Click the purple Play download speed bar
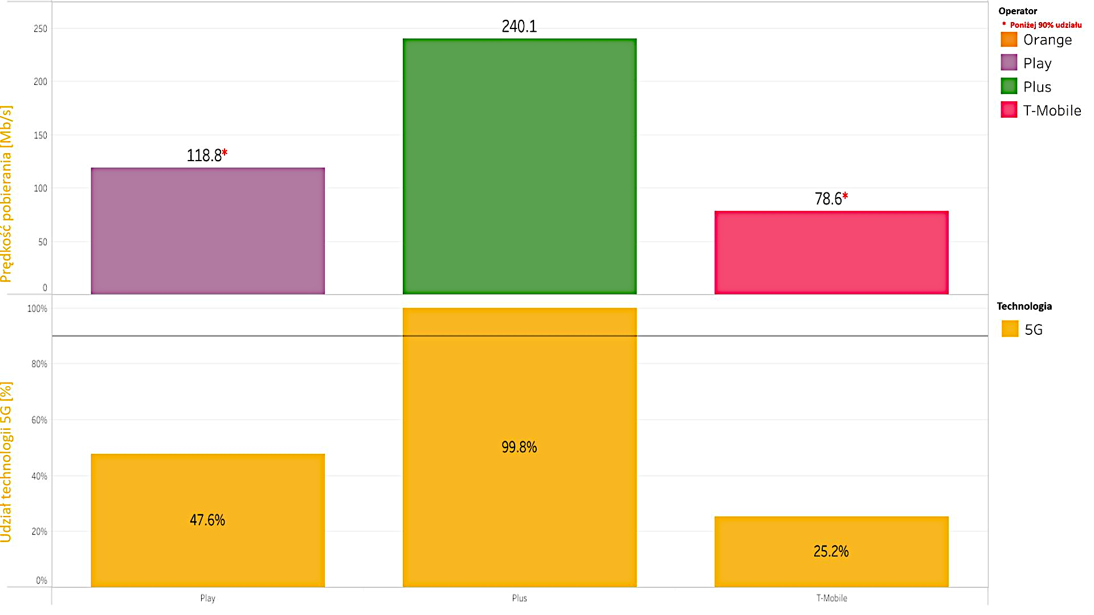point(208,231)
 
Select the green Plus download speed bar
point(520,166)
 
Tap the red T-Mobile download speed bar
point(831,252)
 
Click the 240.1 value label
point(519,26)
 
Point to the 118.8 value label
point(204,155)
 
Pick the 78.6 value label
point(828,199)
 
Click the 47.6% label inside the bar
point(207,520)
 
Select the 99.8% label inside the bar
point(519,447)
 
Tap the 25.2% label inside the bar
point(831,551)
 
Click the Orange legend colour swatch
point(1009,39)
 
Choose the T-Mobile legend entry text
point(1052,110)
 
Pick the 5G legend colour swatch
point(1010,329)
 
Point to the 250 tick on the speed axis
point(40,28)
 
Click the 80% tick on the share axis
point(39,364)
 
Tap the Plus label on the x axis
point(519,598)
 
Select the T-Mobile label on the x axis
point(831,598)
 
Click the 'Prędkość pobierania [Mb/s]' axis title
point(6,194)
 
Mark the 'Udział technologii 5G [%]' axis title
point(6,462)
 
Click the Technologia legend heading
point(1024,306)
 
